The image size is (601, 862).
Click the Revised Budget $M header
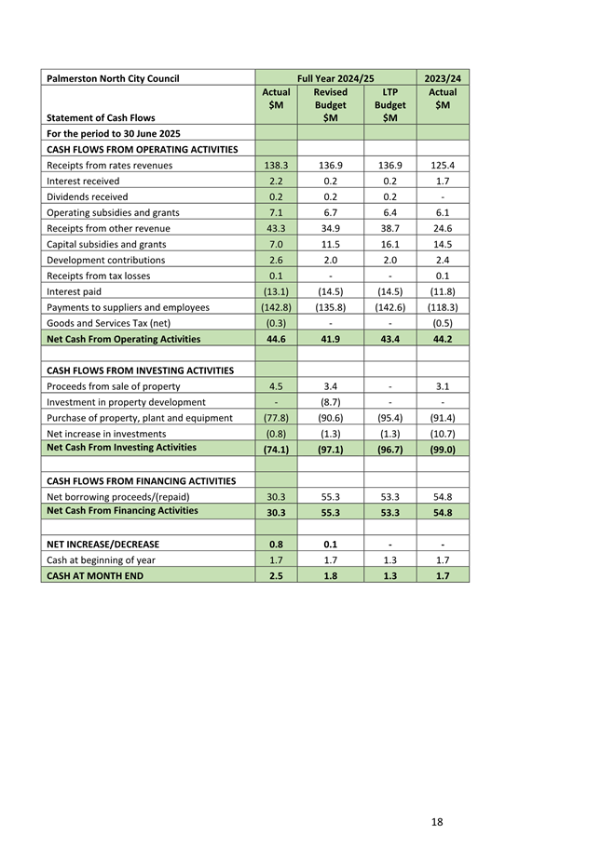[x=330, y=105]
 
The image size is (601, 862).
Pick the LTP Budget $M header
[x=389, y=105]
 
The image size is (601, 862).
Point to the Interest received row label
[x=83, y=181]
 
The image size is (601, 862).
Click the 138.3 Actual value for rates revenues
[x=276, y=165]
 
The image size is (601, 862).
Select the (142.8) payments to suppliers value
[x=276, y=307]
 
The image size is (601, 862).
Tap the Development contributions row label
[x=105, y=260]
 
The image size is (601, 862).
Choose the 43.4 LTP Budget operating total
[x=389, y=339]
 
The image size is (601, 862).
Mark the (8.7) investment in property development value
[x=330, y=402]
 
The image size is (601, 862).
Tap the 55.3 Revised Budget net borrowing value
[x=330, y=496]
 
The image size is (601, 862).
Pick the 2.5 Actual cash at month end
[x=276, y=575]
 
